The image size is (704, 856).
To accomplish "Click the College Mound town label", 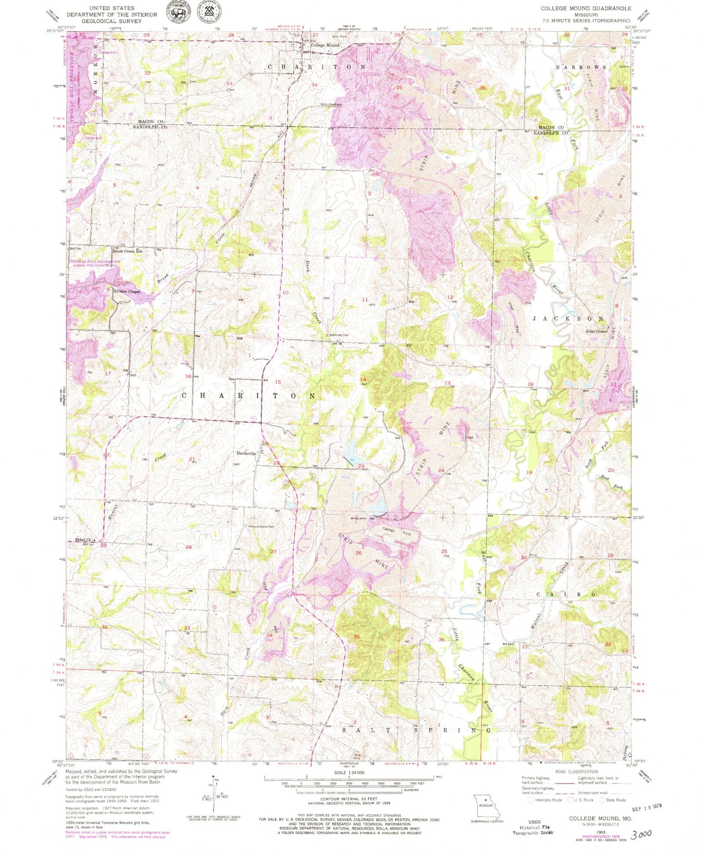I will coord(325,45).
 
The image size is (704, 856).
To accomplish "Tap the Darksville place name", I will coord(246,453).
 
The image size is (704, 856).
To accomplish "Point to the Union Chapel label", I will coord(128,291).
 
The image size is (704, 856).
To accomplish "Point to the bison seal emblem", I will coord(181,11).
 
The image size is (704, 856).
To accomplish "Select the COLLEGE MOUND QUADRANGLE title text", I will coord(586,8).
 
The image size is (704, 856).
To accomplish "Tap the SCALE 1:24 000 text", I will coord(348,773).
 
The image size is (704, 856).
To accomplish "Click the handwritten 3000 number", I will coord(641,835).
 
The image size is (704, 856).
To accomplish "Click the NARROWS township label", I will coord(581,67).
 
